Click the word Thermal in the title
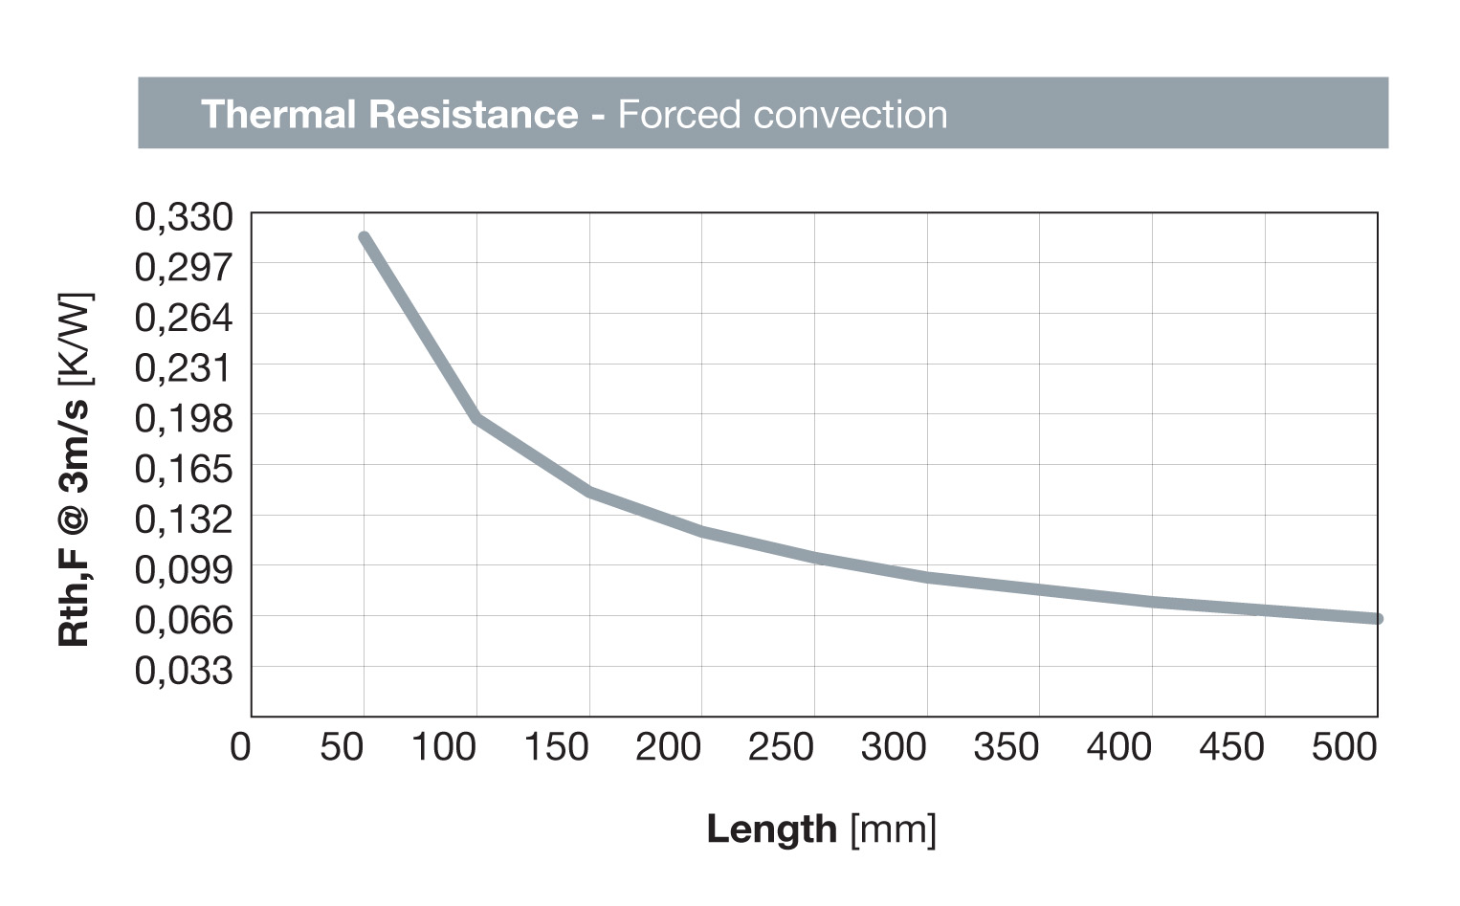278,114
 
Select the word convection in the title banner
850,114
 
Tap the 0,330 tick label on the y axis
184,217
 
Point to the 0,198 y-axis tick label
184,418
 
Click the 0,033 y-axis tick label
184,670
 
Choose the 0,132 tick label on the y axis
184,519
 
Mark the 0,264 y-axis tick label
184,317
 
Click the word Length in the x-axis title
771,829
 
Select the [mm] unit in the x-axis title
893,829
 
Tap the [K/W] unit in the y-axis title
75,340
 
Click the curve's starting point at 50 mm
364,237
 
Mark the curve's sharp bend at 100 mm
476,418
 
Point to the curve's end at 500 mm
1377,619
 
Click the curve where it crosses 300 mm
926,577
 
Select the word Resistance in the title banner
473,114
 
